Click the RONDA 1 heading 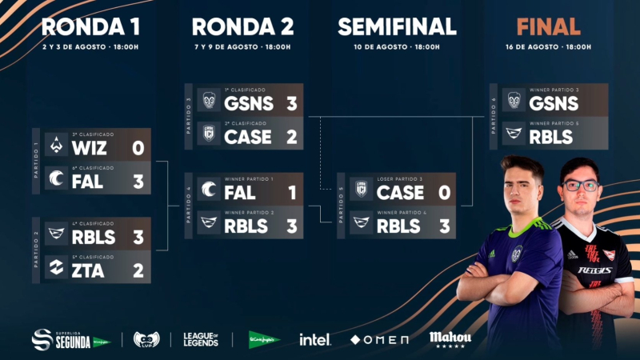(x=90, y=26)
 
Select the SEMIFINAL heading (x=397, y=26)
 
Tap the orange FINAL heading (x=548, y=26)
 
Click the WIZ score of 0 (x=138, y=148)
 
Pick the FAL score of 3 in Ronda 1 (x=138, y=182)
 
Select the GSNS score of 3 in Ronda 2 (x=291, y=103)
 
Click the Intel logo (x=314, y=339)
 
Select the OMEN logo (x=380, y=340)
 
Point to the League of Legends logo (x=201, y=339)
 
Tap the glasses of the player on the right (x=581, y=185)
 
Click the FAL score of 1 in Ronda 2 (x=291, y=193)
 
